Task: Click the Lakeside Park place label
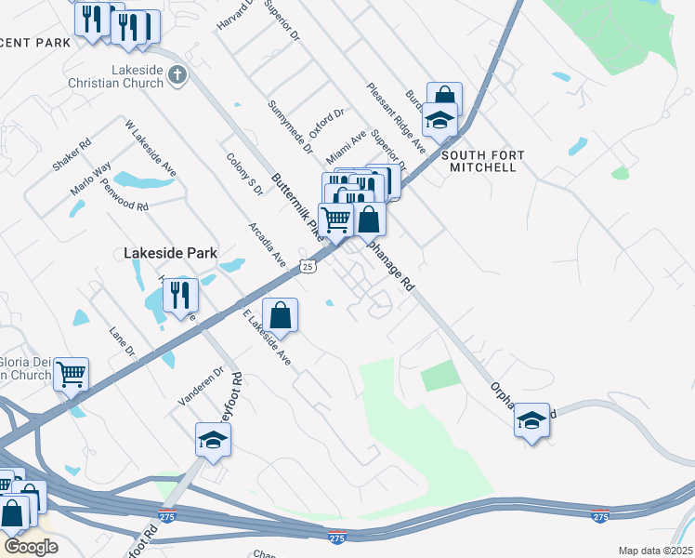point(170,252)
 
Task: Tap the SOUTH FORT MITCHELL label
point(482,161)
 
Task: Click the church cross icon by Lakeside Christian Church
point(178,73)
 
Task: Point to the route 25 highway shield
point(308,267)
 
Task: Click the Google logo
point(31,547)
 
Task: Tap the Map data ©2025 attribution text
point(654,551)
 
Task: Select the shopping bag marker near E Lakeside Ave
point(281,314)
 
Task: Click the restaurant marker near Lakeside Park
point(180,295)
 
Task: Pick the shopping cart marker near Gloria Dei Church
point(72,374)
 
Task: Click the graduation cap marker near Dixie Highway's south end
point(213,439)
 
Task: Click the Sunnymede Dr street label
point(290,127)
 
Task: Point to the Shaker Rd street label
point(72,154)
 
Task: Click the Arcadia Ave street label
point(267,244)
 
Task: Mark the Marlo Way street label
point(91,178)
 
